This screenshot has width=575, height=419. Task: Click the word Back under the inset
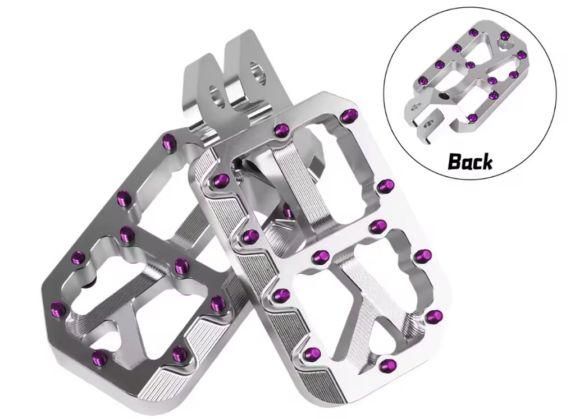(470, 161)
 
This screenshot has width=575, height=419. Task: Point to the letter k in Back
(486, 161)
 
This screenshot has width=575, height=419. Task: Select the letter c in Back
(476, 163)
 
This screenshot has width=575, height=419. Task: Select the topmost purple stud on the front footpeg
(350, 116)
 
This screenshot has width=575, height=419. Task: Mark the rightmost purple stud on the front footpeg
(433, 316)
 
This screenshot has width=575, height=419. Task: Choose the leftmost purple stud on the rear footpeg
(58, 308)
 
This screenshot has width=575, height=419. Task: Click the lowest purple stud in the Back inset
(473, 118)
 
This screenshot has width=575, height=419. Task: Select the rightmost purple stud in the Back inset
(521, 55)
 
